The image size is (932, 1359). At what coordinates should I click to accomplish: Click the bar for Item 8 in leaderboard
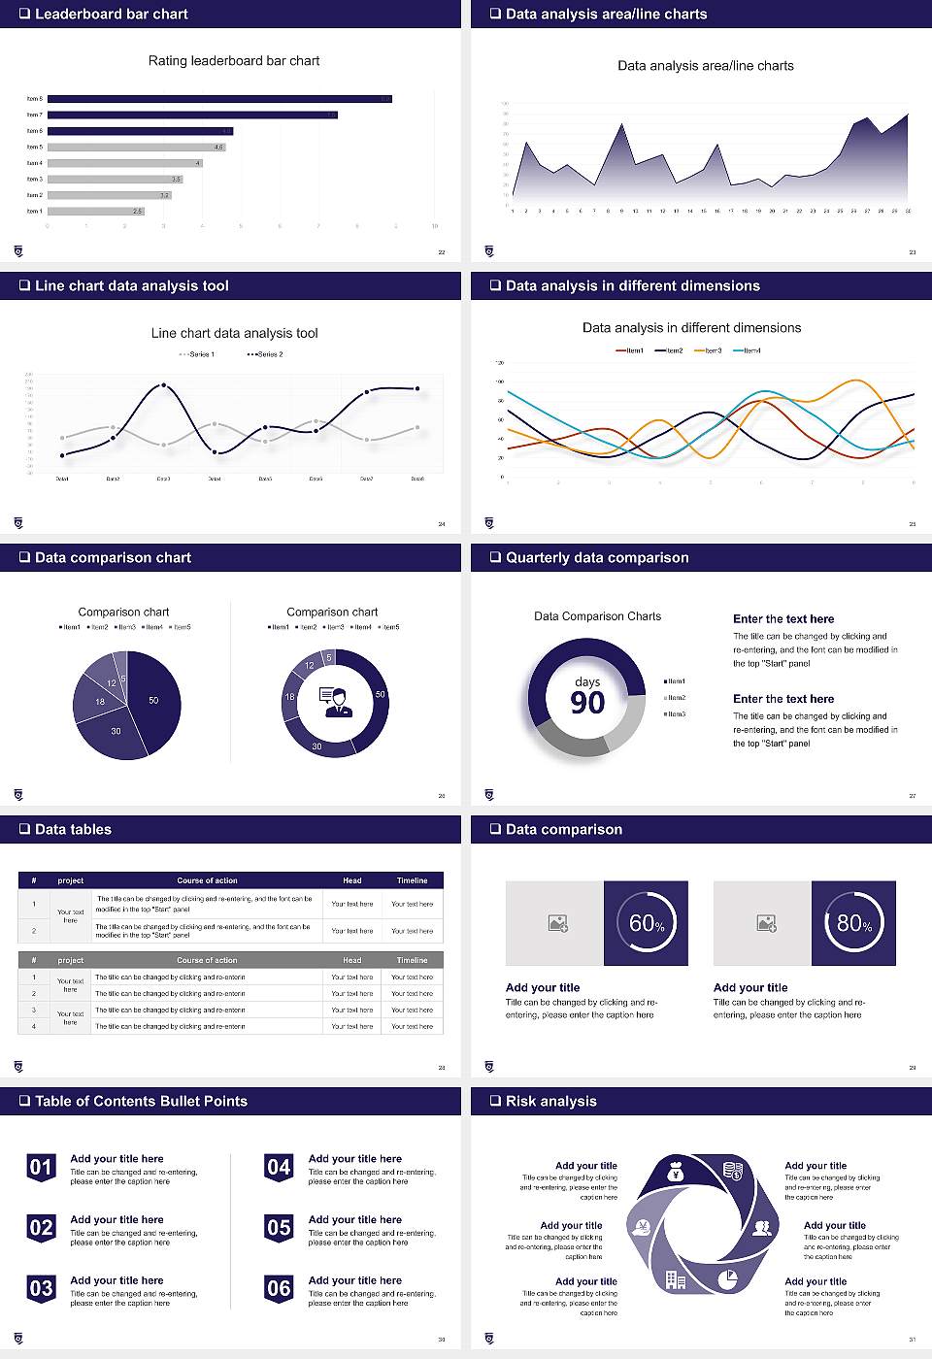coord(219,99)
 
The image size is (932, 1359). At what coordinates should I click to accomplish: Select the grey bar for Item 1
coord(96,211)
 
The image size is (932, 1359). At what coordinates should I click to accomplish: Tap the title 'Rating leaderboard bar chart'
coord(234,60)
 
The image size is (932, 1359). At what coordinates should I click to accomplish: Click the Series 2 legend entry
coord(265,354)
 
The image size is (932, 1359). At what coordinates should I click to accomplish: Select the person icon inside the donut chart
coord(336,701)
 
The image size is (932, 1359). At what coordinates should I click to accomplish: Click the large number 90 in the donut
coord(587,703)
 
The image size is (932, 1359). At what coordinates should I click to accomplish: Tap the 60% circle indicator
coord(647,923)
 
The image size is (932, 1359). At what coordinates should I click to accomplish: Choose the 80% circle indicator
coord(853,923)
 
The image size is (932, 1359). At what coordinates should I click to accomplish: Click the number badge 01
coord(41,1167)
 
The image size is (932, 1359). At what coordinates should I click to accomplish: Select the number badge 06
coord(279,1288)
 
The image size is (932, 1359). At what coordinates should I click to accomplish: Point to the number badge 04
coord(279,1167)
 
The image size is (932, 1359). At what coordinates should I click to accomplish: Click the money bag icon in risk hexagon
coord(677,1174)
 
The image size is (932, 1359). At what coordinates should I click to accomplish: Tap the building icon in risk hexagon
coord(676,1280)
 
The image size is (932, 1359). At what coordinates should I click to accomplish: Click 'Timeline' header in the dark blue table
coord(412,880)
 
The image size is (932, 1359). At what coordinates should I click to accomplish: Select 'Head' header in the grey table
coord(351,960)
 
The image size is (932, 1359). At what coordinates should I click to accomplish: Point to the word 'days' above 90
coord(587,681)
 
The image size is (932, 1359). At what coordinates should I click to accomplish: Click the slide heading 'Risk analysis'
coord(550,1102)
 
